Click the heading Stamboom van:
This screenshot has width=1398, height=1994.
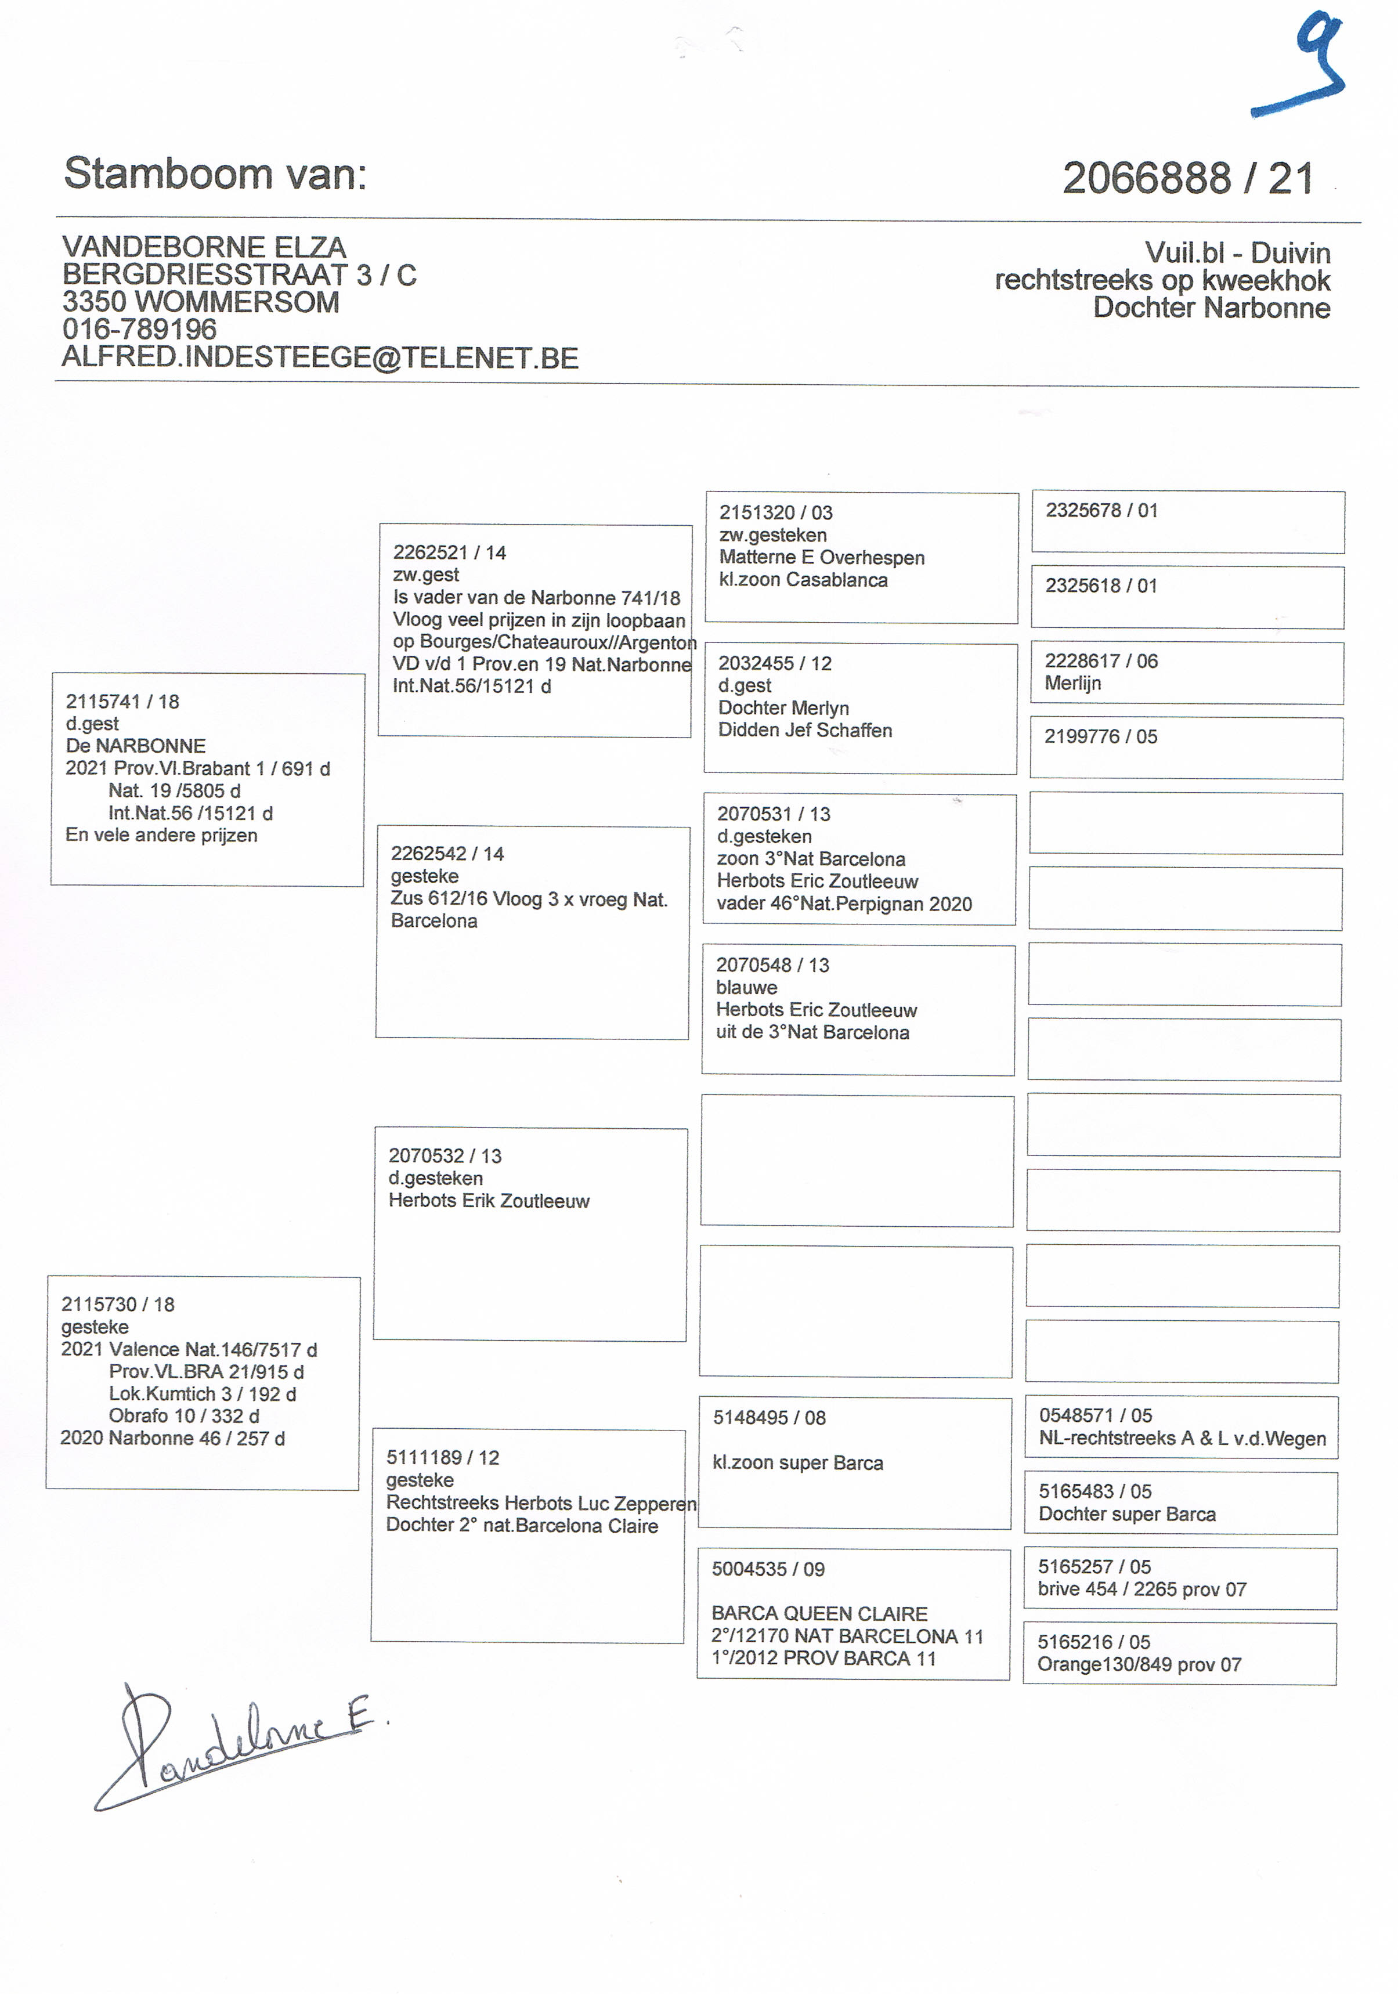tap(215, 174)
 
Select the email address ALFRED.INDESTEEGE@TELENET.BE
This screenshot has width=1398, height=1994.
tap(320, 358)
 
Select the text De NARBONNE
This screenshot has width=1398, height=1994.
tap(135, 746)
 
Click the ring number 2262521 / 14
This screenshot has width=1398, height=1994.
tap(449, 552)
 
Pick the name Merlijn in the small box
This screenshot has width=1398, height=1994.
tap(1072, 684)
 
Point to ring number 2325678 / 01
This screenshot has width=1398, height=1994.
tap(1101, 511)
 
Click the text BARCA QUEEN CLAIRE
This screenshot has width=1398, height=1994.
tap(819, 1614)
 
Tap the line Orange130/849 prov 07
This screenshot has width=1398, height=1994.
tap(1139, 1665)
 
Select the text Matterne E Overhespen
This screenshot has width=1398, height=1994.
tap(821, 558)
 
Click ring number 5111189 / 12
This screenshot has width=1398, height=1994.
tap(443, 1457)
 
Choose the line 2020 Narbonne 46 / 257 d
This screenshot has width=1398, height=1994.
tap(173, 1438)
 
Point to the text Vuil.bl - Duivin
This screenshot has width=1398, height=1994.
tap(1237, 252)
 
